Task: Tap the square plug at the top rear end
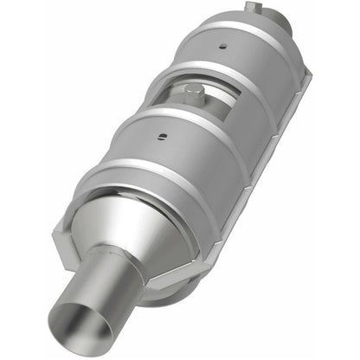pyautogui.click(x=250, y=8)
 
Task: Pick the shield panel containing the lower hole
pyautogui.click(x=173, y=147)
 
